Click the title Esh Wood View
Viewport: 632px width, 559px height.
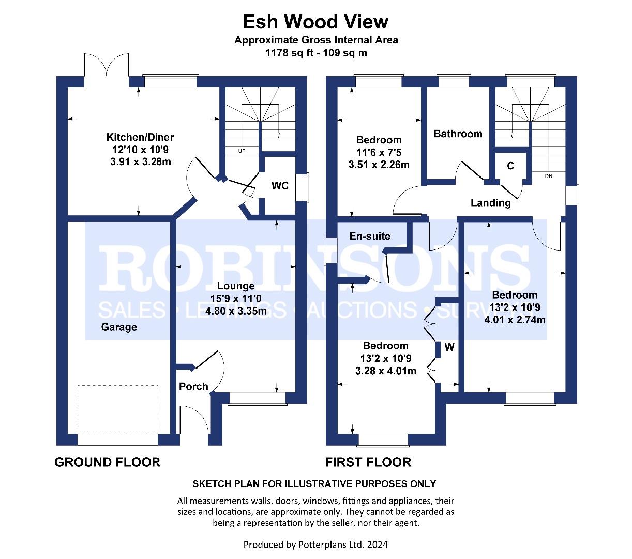tap(315, 22)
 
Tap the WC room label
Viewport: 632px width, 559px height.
tap(280, 186)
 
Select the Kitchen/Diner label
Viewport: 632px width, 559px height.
tap(140, 137)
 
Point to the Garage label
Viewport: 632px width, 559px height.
tap(119, 327)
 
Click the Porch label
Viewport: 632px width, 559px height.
tap(193, 386)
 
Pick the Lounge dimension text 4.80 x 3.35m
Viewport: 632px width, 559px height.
tap(236, 311)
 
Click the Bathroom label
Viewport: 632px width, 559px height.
tap(458, 134)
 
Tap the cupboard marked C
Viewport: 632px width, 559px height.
tap(510, 166)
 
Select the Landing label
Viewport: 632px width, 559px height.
tap(490, 203)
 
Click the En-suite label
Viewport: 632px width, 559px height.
tap(370, 236)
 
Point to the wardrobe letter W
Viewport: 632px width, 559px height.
tap(449, 347)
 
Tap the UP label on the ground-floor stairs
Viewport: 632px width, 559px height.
tap(242, 151)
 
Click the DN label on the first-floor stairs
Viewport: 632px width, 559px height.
tap(548, 176)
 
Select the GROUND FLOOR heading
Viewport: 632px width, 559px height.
tap(107, 462)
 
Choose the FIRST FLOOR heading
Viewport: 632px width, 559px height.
tap(368, 462)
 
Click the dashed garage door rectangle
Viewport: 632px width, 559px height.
tap(117, 408)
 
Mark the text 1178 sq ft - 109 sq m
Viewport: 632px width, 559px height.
tap(316, 53)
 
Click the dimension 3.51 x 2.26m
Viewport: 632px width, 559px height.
tap(379, 165)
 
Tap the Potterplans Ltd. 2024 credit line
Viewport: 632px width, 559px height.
tap(315, 545)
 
